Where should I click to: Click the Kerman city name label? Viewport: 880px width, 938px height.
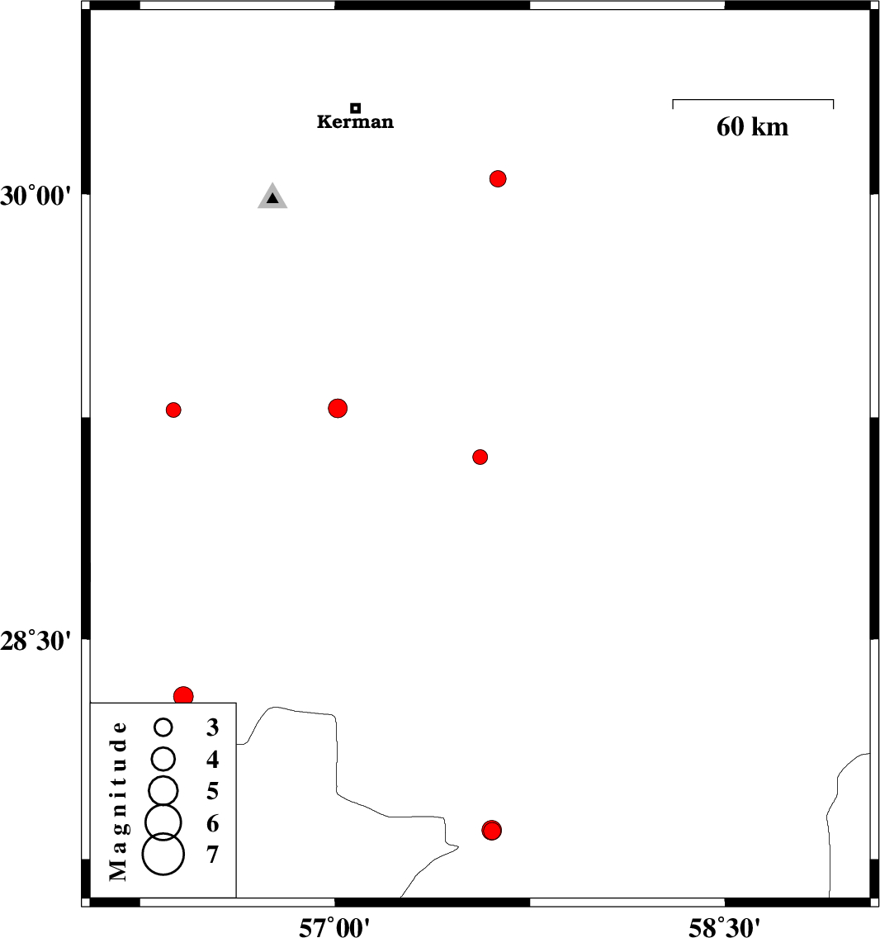355,122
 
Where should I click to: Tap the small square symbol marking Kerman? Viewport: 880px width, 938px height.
355,108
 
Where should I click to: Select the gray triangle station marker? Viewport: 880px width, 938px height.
272,196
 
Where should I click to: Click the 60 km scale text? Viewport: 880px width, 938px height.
753,127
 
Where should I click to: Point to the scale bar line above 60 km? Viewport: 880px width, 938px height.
753,100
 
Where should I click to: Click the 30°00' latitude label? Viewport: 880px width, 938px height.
35,197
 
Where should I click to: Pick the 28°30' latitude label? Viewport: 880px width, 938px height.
35,641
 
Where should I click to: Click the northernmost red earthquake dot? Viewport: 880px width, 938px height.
498,179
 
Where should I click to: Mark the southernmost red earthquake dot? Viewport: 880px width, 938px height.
492,831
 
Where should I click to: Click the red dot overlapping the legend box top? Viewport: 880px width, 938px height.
183,696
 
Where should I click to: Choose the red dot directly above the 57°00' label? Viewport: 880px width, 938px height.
338,409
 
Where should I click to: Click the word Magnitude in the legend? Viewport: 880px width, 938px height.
118,801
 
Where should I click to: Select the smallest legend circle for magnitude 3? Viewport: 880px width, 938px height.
163,727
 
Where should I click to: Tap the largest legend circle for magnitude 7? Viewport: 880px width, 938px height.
163,855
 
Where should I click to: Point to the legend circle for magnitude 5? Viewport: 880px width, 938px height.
163,790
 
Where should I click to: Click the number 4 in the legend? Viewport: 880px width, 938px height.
212,760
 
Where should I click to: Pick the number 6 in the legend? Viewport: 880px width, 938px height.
212,824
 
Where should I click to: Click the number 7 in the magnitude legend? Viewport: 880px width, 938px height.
212,855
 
